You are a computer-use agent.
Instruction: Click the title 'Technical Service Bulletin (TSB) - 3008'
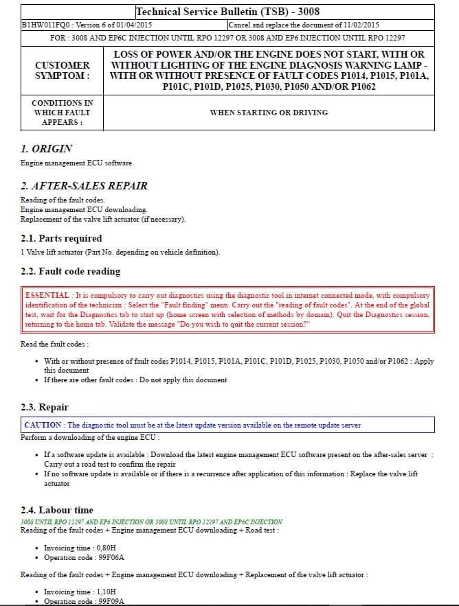tap(227, 12)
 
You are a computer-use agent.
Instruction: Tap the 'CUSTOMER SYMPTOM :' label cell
tap(62, 70)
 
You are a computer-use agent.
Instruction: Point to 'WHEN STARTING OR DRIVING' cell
tap(269, 112)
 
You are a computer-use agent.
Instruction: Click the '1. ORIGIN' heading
tap(47, 148)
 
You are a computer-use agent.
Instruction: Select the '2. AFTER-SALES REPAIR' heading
tap(84, 185)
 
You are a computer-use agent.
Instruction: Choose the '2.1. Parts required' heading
tap(61, 238)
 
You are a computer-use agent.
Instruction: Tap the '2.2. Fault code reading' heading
tap(70, 271)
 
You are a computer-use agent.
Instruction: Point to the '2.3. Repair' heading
tap(45, 407)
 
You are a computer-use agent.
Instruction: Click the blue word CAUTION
tap(43, 425)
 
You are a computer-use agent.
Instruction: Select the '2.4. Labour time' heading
tap(57, 510)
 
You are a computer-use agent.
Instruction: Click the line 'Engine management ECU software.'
tap(77, 163)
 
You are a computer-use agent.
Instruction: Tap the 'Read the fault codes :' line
tap(54, 344)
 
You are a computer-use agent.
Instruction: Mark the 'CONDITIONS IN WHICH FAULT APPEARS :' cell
tap(62, 112)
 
